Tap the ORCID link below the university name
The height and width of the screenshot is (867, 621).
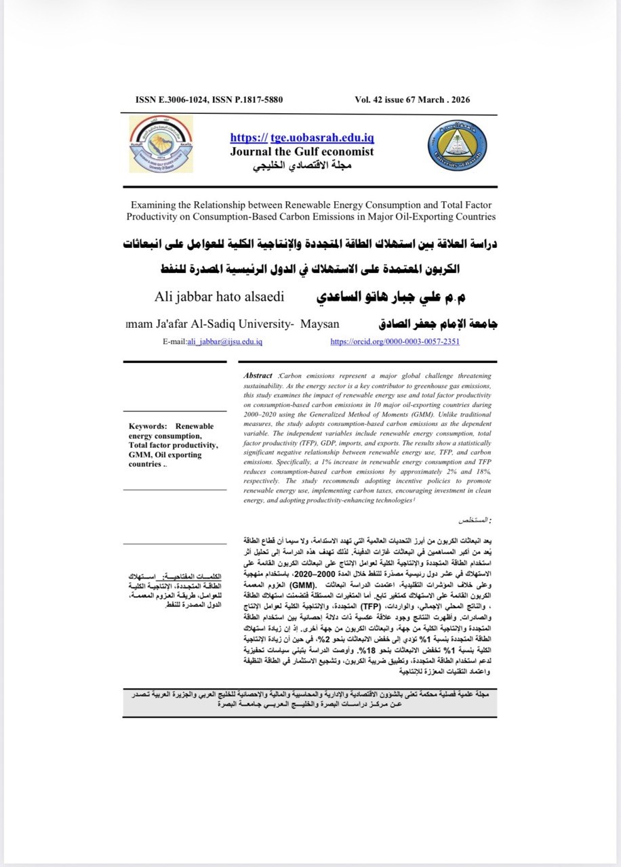click(x=395, y=342)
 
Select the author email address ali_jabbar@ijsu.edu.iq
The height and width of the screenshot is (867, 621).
click(x=224, y=342)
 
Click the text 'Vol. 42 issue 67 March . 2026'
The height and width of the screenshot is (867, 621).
click(x=412, y=100)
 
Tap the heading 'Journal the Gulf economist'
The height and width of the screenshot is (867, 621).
click(x=302, y=151)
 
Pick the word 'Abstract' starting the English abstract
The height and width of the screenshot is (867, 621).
click(x=258, y=375)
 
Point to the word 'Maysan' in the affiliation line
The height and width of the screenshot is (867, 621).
click(x=319, y=324)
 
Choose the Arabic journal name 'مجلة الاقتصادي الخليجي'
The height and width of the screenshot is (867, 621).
click(x=302, y=167)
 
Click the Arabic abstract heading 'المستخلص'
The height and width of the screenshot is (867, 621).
click(x=473, y=520)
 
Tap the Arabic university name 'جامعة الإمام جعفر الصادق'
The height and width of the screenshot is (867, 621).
click(x=430, y=324)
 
